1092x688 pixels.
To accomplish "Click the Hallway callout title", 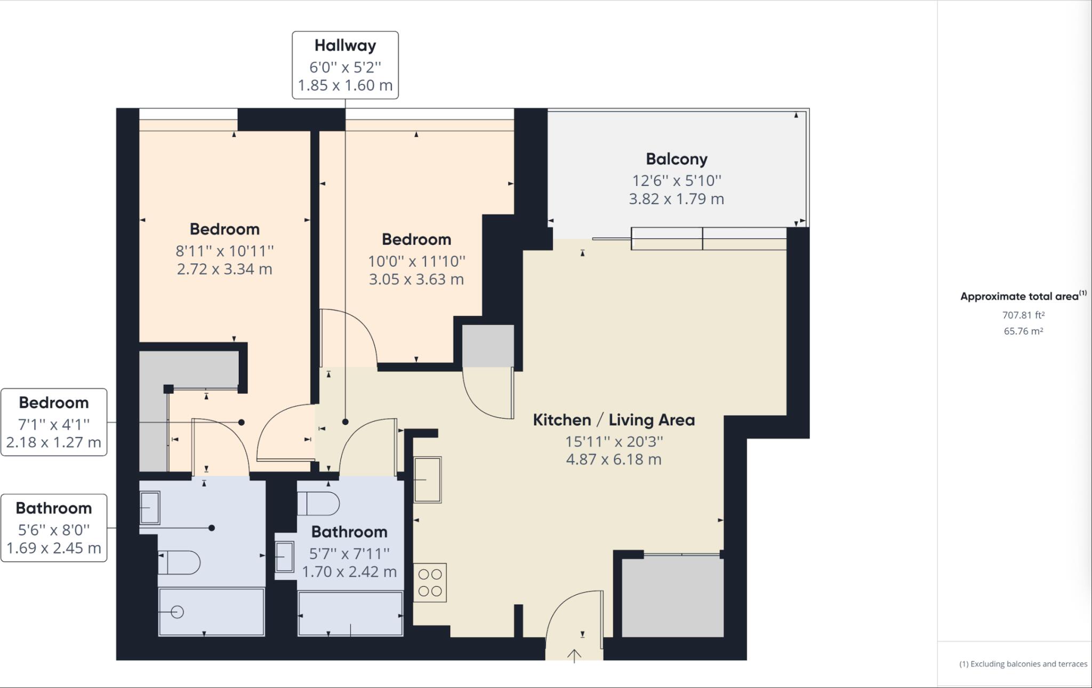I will (x=345, y=46).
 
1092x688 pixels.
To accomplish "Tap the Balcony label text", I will (x=676, y=159).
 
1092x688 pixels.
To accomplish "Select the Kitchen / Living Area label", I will (x=614, y=420).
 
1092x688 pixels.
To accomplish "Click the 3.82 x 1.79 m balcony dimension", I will (x=676, y=199).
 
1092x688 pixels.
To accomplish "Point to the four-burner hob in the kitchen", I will (x=430, y=582).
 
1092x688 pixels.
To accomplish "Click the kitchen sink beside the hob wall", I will (x=428, y=479).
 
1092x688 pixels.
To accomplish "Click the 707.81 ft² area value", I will (x=1023, y=315).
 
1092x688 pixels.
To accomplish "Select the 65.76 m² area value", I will (x=1023, y=331).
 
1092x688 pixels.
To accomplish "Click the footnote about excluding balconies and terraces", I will (x=1023, y=664).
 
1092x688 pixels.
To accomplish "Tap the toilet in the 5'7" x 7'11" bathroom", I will (x=319, y=503).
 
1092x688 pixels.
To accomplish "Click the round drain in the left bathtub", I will (x=178, y=612).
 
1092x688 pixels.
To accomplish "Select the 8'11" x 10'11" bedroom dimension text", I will (x=224, y=251).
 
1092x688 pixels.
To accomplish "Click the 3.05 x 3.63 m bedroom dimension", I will (x=416, y=279).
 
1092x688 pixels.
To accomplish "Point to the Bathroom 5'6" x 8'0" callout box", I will (x=54, y=527).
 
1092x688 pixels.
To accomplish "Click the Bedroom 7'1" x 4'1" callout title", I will (x=54, y=403).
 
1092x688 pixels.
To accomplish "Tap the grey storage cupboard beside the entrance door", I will (x=672, y=596).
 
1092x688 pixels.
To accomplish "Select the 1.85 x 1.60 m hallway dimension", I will (x=345, y=85).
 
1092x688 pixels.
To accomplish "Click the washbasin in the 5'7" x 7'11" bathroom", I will (x=285, y=556).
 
